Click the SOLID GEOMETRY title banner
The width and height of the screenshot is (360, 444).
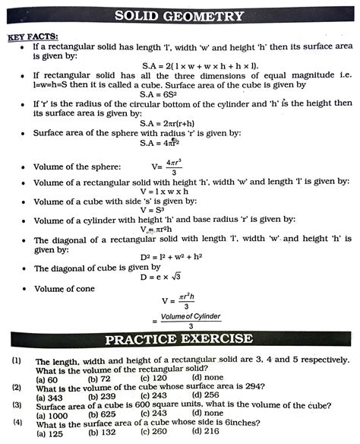click(180, 16)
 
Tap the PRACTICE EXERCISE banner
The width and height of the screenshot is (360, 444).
click(179, 339)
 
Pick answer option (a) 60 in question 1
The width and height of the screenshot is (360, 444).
click(47, 379)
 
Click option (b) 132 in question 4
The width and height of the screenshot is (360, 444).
click(102, 433)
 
